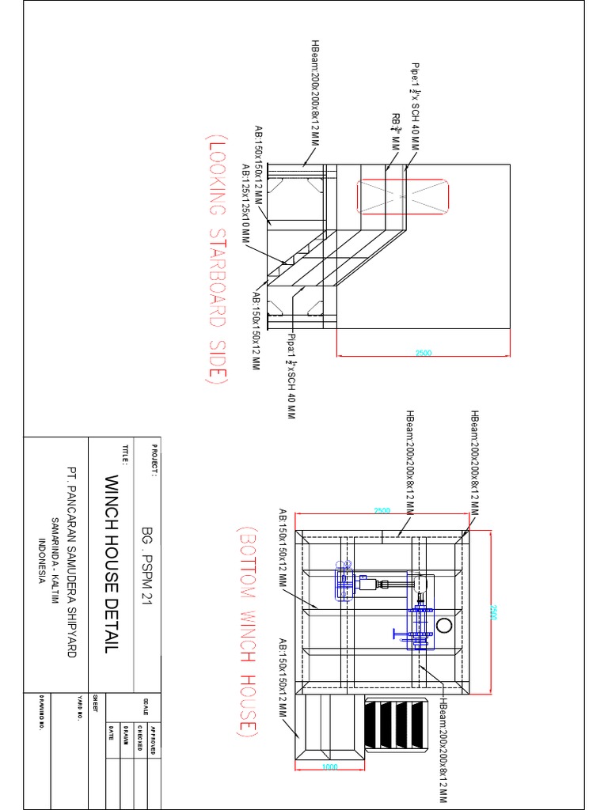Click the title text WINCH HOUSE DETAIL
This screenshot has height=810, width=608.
click(110, 564)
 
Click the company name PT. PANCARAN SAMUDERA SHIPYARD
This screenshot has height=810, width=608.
click(71, 562)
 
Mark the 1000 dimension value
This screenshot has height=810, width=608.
click(330, 767)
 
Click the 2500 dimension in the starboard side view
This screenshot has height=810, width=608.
click(424, 353)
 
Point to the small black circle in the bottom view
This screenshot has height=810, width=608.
click(443, 626)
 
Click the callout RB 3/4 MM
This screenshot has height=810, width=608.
click(394, 131)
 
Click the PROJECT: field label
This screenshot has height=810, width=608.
click(155, 461)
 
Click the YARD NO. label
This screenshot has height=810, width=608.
click(81, 706)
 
